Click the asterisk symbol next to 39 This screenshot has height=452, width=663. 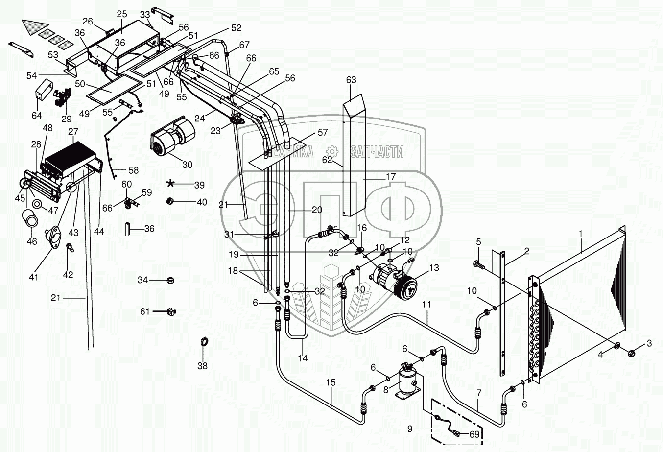[x=170, y=184]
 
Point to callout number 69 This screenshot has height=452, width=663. [x=474, y=434]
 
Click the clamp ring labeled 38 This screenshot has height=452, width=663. [x=205, y=342]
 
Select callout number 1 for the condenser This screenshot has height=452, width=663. [x=581, y=234]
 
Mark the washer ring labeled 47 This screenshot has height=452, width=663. [x=37, y=204]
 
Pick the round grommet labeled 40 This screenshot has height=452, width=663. [x=170, y=201]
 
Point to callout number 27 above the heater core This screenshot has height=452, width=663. [x=73, y=132]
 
